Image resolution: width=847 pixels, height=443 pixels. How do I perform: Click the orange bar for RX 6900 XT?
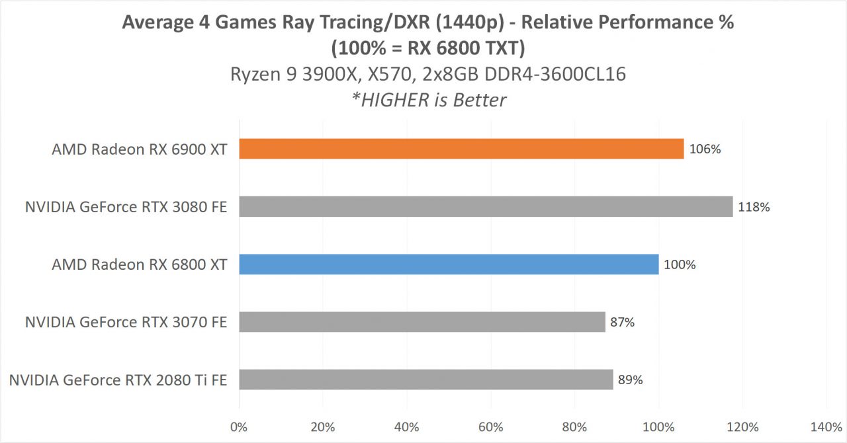[461, 149]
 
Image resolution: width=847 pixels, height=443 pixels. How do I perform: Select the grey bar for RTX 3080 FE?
[486, 207]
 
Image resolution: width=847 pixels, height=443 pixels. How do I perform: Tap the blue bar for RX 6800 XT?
[449, 264]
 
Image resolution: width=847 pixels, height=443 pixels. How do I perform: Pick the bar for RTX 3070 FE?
[422, 322]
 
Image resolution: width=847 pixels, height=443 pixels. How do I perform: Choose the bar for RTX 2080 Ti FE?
[425, 380]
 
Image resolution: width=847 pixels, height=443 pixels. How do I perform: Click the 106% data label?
[705, 149]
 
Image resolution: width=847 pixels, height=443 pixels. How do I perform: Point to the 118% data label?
[754, 207]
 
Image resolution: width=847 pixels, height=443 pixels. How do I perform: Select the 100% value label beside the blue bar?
[680, 264]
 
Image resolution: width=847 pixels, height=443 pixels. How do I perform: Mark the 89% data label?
[630, 380]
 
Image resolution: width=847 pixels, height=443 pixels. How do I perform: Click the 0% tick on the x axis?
[239, 426]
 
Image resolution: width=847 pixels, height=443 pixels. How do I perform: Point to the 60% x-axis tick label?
[490, 426]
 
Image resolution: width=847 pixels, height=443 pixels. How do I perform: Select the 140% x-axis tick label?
[826, 426]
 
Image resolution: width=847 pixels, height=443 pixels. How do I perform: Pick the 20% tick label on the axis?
[322, 426]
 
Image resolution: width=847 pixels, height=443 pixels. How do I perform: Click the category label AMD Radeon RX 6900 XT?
[140, 149]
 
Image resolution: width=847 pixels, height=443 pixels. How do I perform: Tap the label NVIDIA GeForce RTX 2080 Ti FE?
[118, 380]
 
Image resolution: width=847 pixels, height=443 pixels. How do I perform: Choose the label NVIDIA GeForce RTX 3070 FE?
[126, 323]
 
